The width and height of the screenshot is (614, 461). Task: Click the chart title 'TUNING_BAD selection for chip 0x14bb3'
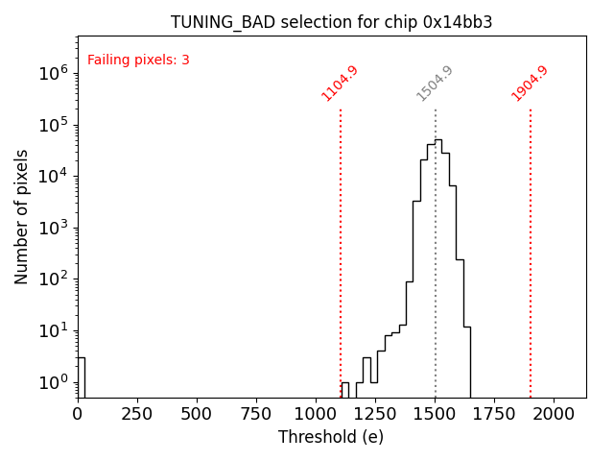coord(331,22)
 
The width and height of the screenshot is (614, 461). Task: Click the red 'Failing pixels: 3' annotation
coord(138,60)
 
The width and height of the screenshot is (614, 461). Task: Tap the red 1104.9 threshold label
coord(340,83)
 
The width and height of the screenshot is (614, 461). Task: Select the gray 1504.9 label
coord(435,83)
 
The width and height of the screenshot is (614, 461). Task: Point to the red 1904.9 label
coord(530,83)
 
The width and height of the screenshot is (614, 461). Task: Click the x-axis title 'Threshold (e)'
coord(331,437)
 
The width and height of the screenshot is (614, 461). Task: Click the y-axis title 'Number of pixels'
coord(21,216)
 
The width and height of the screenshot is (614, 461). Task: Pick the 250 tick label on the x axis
coord(137,415)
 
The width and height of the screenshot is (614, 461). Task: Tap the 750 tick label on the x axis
coord(256,415)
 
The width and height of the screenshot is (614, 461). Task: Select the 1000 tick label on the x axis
coord(316,415)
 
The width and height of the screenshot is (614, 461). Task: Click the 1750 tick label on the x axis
coord(494,415)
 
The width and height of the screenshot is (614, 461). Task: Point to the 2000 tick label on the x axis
coord(554,415)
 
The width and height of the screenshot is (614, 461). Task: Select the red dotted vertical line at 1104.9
coord(341,250)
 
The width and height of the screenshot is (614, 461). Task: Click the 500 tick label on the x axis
coord(197,415)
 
